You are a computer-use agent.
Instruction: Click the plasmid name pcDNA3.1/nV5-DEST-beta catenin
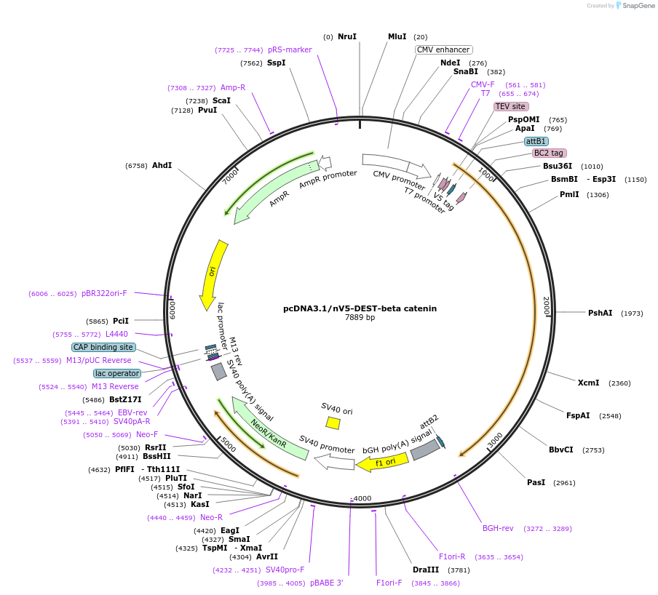pos(360,308)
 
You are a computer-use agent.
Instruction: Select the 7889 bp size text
pos(360,318)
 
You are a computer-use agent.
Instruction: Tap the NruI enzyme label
pos(347,36)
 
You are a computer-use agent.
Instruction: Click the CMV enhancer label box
pos(444,49)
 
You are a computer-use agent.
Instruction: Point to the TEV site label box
pos(510,106)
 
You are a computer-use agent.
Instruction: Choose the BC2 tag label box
pos(549,153)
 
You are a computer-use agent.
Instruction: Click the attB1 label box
pos(536,141)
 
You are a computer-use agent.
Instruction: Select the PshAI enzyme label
pos(600,313)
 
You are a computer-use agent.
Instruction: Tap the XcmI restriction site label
pos(588,383)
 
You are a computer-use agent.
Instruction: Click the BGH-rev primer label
pos(498,528)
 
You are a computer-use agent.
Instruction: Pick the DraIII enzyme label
pos(426,570)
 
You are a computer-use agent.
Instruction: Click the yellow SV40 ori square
pos(333,423)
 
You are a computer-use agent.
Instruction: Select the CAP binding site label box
pos(103,347)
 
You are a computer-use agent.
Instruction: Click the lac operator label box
pos(116,373)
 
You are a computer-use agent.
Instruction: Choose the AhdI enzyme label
pos(162,165)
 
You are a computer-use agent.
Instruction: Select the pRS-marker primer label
pos(290,49)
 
